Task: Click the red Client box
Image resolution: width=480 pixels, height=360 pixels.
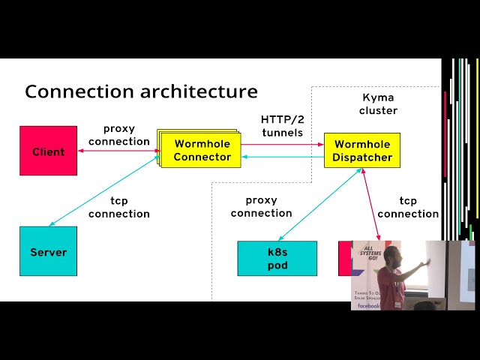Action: click(48, 151)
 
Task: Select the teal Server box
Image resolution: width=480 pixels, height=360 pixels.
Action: click(48, 251)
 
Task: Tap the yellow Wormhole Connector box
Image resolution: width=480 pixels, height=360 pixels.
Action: click(202, 150)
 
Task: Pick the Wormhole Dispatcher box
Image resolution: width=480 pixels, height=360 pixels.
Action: click(363, 151)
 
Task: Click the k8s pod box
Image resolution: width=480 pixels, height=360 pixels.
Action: click(277, 258)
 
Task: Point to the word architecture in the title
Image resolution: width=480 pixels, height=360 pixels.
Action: click(199, 91)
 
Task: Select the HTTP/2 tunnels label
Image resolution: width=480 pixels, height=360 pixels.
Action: click(282, 126)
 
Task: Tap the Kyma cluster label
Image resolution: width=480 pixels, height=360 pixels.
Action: click(378, 103)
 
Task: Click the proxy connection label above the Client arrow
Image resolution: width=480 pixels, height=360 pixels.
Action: click(119, 135)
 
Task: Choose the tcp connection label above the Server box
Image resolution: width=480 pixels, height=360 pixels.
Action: click(119, 207)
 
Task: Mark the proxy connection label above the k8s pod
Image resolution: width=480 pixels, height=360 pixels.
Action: click(261, 206)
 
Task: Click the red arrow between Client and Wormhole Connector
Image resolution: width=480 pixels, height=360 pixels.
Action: click(117, 151)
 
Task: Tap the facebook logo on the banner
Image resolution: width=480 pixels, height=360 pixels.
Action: click(367, 305)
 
